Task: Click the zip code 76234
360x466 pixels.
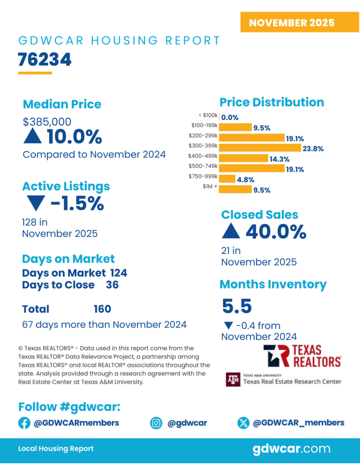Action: tap(45, 60)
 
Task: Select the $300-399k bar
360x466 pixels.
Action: tap(260, 148)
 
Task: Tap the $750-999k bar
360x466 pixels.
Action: tap(227, 179)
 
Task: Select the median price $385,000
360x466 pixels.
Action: tap(47, 122)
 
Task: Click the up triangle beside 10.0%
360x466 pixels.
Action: tap(33, 137)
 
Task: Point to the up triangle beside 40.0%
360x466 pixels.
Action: tap(231, 232)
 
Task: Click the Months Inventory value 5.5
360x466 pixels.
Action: tap(237, 306)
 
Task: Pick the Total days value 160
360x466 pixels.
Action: tap(102, 309)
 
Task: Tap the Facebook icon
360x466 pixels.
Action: tap(24, 423)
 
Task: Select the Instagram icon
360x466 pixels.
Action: tap(156, 423)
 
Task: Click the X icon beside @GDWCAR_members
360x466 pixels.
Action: tap(243, 423)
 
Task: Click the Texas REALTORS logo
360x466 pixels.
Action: tap(302, 356)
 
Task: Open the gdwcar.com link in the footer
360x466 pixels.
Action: tap(291, 449)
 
